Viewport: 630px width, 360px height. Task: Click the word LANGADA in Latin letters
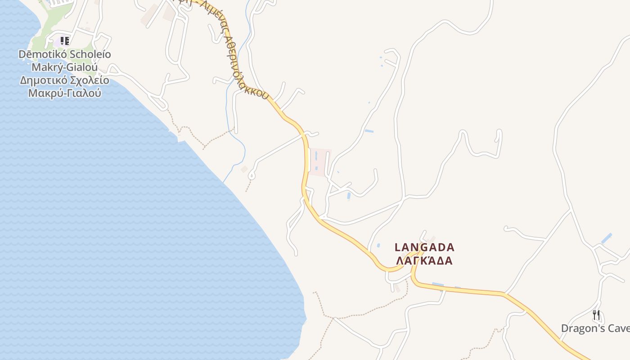(424, 247)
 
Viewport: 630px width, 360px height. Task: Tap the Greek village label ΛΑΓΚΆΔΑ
(423, 261)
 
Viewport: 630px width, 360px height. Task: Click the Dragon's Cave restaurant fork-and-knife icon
(596, 315)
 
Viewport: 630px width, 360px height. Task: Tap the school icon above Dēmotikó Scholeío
(65, 41)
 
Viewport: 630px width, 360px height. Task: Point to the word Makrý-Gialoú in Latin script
(64, 67)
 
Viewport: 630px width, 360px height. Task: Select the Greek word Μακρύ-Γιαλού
(64, 93)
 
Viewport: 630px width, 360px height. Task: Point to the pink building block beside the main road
(320, 162)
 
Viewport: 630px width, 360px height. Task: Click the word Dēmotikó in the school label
(38, 54)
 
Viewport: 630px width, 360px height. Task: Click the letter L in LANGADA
(398, 247)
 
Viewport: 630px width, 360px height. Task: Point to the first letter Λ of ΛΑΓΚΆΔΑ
(398, 261)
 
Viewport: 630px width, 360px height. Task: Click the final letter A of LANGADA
(451, 247)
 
